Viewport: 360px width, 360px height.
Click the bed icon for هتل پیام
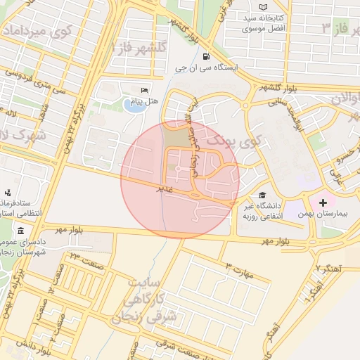(144, 91)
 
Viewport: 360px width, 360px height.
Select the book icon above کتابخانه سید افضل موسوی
(263, 7)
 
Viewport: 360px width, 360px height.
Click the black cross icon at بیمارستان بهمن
(323, 202)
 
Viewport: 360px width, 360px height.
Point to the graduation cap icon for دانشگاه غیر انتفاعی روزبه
(262, 195)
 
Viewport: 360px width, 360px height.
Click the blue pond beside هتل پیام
(131, 105)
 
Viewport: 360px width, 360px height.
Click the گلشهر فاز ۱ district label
(140, 48)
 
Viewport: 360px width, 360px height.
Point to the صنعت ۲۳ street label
(84, 261)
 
